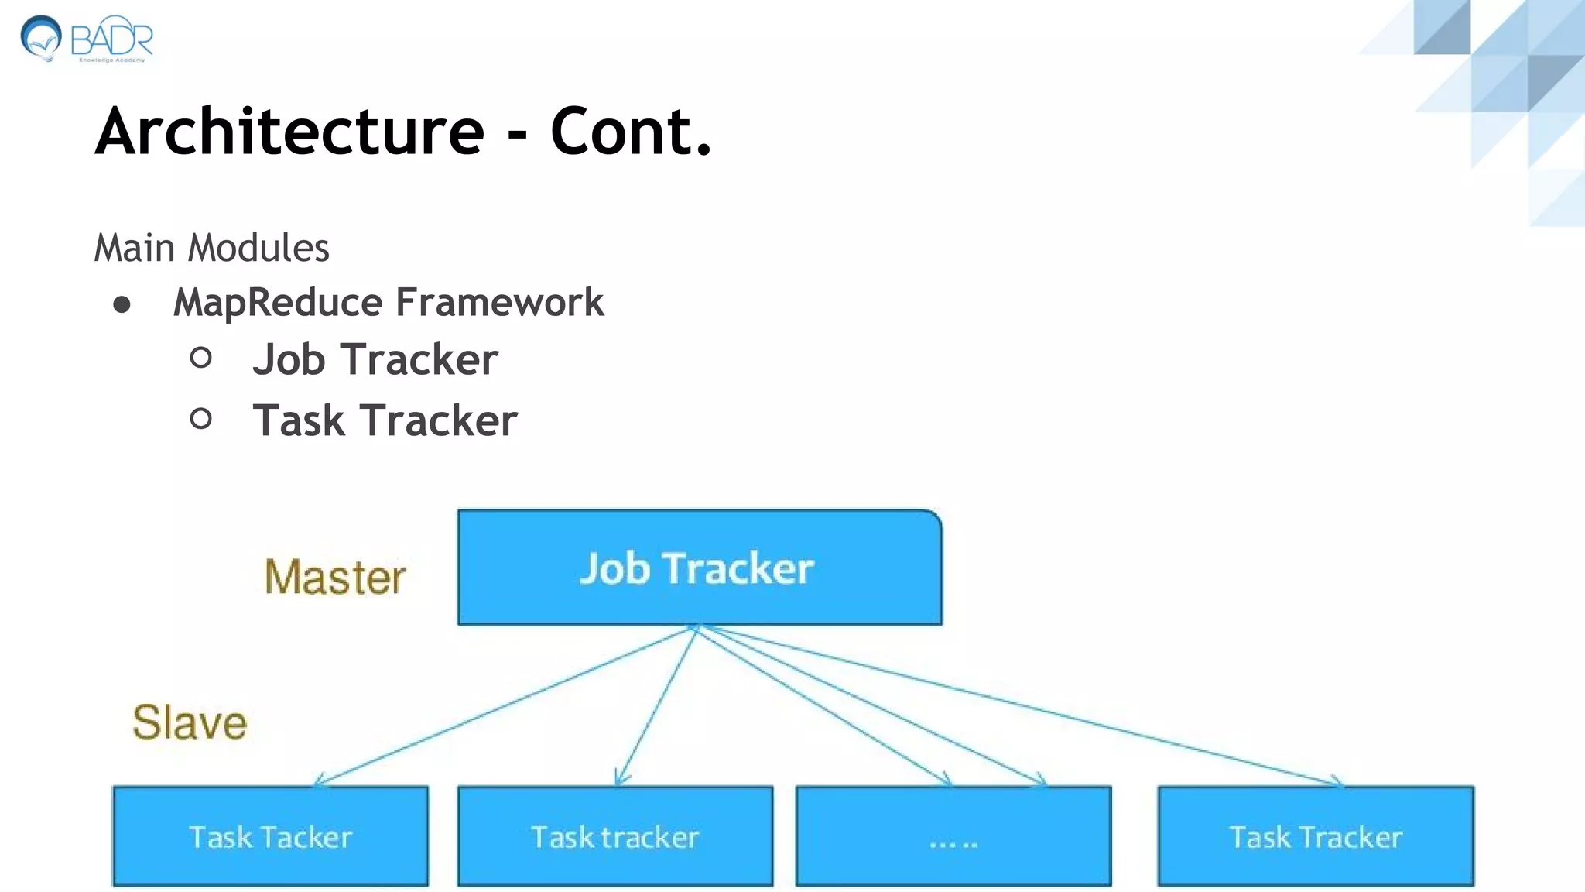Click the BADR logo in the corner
click(87, 39)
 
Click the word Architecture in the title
click(289, 132)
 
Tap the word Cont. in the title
click(630, 132)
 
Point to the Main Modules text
click(211, 249)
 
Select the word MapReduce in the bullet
click(278, 303)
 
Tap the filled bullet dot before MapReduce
click(122, 304)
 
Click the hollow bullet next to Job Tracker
click(200, 358)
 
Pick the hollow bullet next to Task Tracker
click(200, 419)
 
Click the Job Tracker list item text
click(375, 360)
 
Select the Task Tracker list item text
click(385, 421)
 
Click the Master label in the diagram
click(334, 578)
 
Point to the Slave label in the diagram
click(190, 722)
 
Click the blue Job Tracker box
click(699, 568)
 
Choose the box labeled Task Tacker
click(270, 836)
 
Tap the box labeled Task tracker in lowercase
click(614, 836)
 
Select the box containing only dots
click(953, 836)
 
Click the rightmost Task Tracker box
click(1315, 836)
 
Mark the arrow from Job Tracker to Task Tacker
click(503, 706)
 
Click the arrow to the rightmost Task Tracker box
click(1022, 706)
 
